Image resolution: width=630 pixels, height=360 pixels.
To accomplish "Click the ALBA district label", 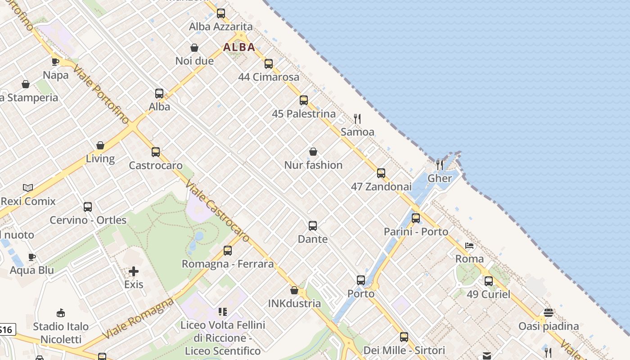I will click(239, 47).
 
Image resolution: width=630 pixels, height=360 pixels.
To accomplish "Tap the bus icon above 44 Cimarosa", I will click(269, 64).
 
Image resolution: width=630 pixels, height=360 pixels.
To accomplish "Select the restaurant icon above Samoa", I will click(357, 119).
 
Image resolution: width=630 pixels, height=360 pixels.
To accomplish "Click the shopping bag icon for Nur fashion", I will click(313, 152).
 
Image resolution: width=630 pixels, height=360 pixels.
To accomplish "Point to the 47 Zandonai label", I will click(381, 186).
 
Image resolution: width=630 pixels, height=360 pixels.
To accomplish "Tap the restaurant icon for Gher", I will click(440, 165).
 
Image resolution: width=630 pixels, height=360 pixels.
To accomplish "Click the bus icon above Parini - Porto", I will click(416, 218).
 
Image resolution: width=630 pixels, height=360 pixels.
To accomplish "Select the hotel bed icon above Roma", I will click(469, 246).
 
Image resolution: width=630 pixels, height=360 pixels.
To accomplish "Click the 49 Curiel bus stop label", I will click(488, 294).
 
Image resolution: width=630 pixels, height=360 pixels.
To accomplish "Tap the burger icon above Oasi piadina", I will click(549, 312).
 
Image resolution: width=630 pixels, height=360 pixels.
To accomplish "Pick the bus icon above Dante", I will click(313, 226).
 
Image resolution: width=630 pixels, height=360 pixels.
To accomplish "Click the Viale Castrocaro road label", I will click(217, 211).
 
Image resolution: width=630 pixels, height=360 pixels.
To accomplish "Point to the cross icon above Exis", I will click(134, 271).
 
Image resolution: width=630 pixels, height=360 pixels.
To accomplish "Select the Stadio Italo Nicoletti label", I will click(61, 333).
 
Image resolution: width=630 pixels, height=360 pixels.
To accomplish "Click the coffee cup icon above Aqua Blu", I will click(32, 257).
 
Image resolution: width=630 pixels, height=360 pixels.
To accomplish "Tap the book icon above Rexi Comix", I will click(28, 188).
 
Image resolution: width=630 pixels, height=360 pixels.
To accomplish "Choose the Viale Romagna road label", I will click(138, 319).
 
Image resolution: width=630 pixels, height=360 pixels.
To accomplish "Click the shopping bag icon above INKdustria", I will click(294, 290).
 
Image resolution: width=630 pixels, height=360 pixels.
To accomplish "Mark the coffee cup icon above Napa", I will click(55, 62).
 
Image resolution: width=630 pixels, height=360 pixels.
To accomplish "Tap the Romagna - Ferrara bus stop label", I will click(227, 264).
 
